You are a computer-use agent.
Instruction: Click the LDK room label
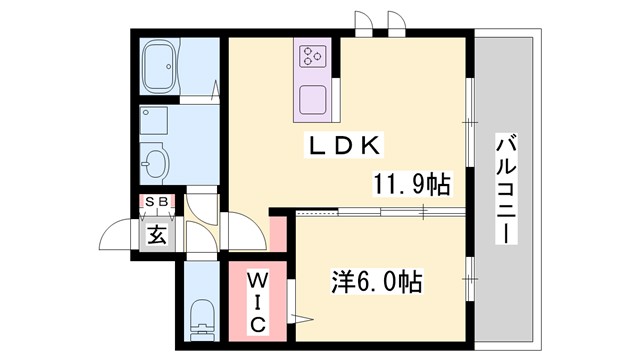tap(342, 146)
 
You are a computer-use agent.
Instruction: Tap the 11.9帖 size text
tap(410, 184)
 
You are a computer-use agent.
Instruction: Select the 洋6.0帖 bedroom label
tap(376, 282)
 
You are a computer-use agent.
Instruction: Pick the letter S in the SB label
tap(151, 203)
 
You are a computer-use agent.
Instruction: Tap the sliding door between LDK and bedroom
tap(380, 212)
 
